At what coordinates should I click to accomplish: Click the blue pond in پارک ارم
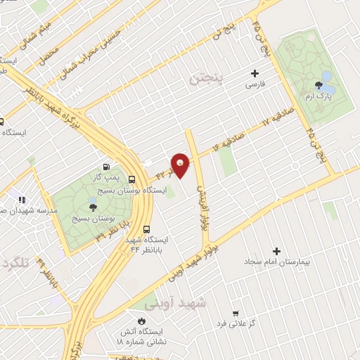click(x=327, y=77)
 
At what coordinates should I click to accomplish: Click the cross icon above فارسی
click(x=255, y=72)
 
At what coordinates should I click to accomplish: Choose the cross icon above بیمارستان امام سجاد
click(x=276, y=251)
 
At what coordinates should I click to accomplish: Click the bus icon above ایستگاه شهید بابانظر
click(x=147, y=229)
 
